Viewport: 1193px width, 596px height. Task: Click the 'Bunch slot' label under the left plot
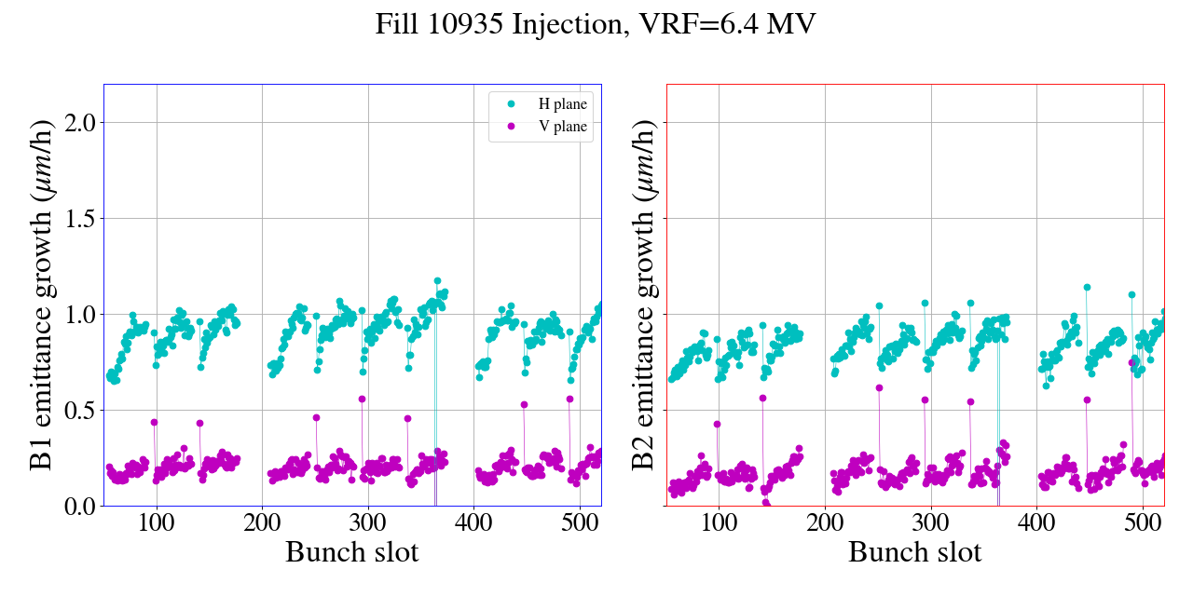351,551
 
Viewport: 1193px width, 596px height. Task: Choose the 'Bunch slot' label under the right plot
914,551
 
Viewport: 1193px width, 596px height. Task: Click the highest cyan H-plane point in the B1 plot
437,280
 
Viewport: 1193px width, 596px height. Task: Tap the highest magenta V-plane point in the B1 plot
362,399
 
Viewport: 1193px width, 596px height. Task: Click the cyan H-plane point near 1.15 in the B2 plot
1087,287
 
